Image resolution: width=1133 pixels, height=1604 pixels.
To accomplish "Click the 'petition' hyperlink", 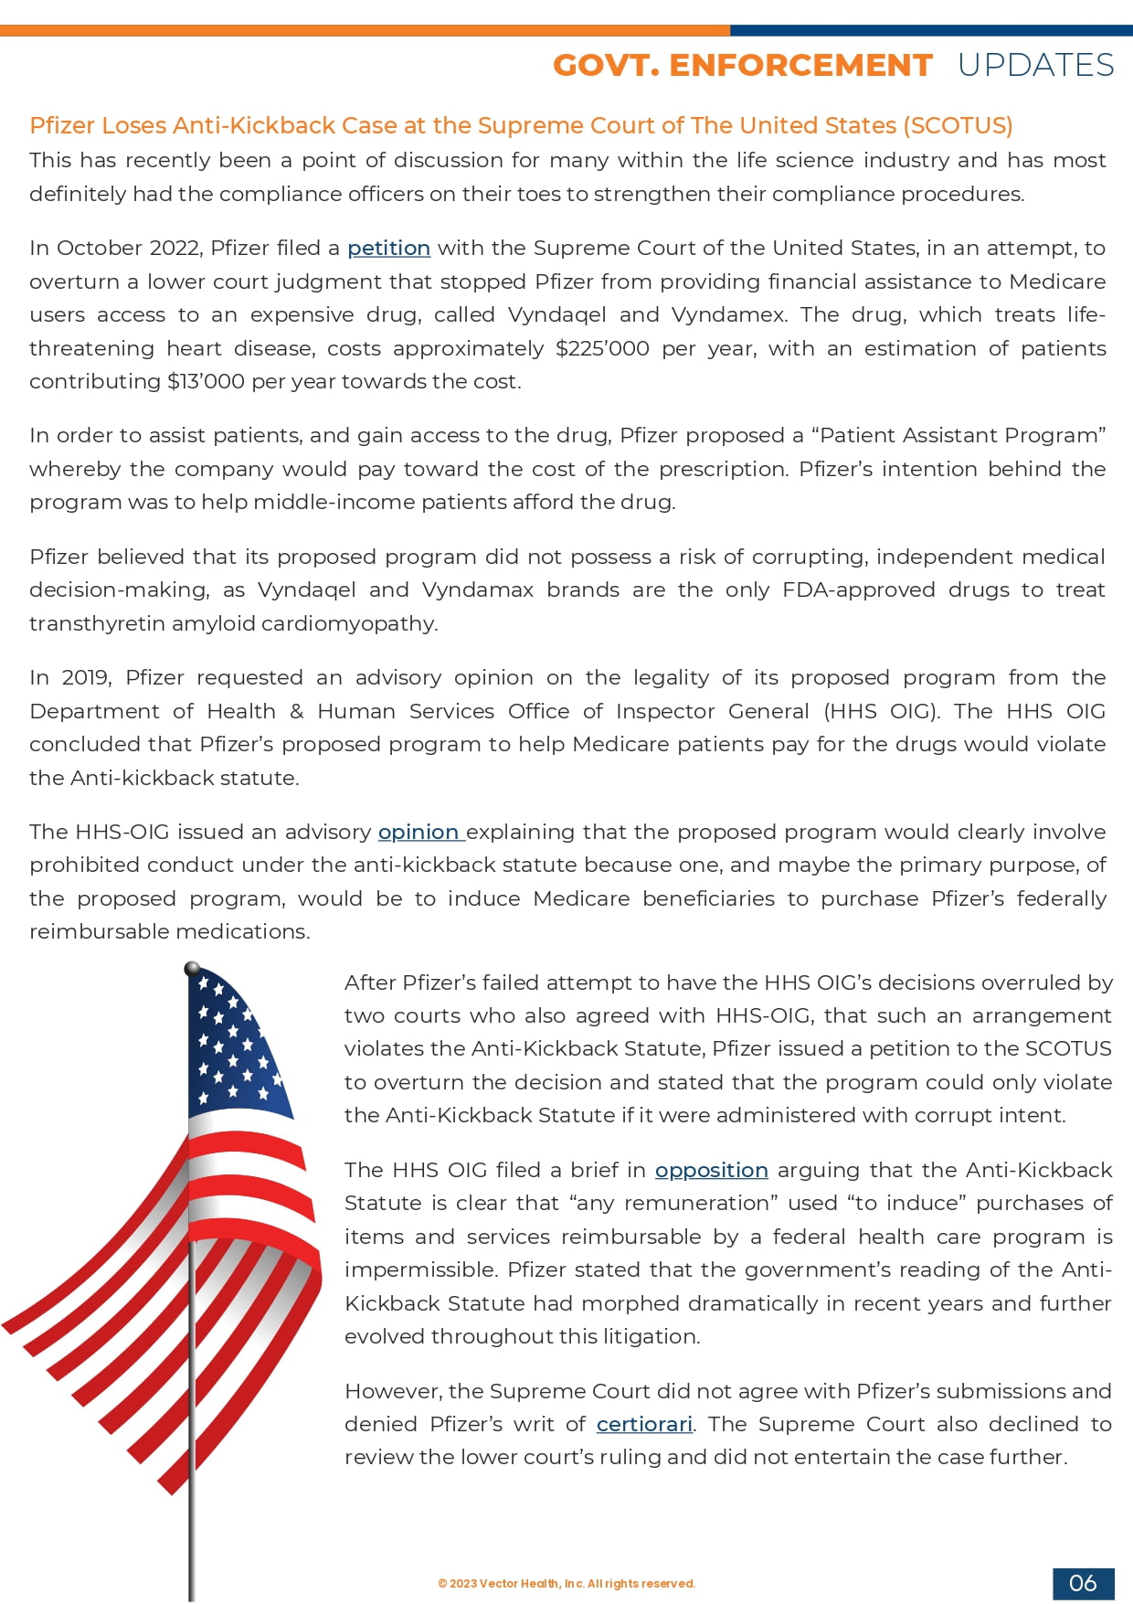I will tap(388, 248).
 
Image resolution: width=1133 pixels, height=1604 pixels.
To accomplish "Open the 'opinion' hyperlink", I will tap(418, 832).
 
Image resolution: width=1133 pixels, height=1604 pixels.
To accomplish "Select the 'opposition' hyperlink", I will tap(711, 1170).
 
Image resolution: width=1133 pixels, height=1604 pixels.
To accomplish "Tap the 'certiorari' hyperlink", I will tap(644, 1424).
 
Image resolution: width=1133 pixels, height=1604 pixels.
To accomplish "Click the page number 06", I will tap(1083, 1583).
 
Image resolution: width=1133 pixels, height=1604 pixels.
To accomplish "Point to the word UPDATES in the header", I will tap(1035, 66).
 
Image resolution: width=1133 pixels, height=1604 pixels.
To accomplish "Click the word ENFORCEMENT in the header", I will tap(800, 66).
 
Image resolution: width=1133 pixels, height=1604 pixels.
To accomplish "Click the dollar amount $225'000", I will tap(602, 348).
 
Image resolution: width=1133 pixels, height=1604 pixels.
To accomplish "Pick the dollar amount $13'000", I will tap(206, 381).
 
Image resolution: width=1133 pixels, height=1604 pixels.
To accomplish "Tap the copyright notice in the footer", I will tap(566, 1584).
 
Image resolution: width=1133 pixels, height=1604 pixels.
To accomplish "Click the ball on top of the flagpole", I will tap(192, 969).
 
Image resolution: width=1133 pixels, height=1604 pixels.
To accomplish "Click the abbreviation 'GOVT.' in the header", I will tap(606, 66).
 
